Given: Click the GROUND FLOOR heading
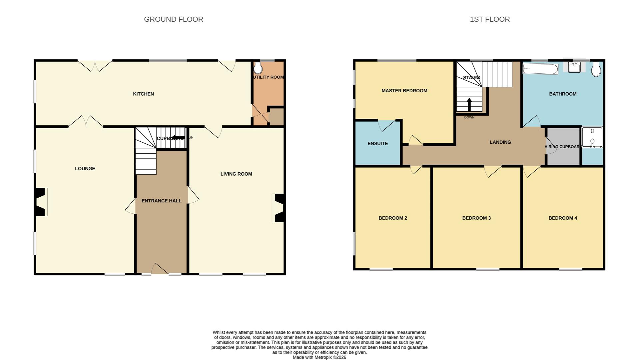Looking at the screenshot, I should (173, 19).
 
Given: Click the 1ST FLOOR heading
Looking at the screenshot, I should (489, 19).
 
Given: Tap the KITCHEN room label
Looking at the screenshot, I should (143, 94).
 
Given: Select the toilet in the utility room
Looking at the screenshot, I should (258, 69).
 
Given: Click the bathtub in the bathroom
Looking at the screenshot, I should (540, 69).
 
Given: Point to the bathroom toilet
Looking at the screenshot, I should (596, 70).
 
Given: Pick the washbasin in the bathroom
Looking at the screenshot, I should (574, 67).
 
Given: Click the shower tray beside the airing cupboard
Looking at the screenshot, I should (592, 137).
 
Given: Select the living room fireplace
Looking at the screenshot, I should (279, 208).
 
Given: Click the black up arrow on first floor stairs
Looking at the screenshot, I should (469, 104).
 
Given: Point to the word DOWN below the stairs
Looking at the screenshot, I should (469, 117).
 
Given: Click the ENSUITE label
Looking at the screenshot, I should (377, 144).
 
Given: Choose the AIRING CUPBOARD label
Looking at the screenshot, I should (563, 147).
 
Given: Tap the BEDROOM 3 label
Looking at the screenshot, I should (476, 218).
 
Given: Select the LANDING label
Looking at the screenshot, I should (500, 142).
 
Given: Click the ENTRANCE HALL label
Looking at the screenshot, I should (161, 201).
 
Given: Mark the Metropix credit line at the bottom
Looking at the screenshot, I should (319, 357).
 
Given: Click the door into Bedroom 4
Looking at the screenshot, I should (531, 171).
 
